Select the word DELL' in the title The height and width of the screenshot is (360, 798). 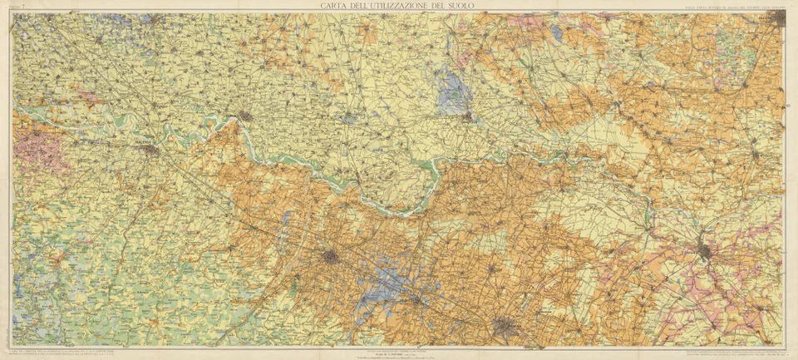point(366,7)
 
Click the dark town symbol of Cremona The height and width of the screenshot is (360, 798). point(245,116)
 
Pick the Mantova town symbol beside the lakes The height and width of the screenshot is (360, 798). point(469,117)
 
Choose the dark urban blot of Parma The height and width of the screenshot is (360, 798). point(331,258)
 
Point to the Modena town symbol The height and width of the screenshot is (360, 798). point(504,327)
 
